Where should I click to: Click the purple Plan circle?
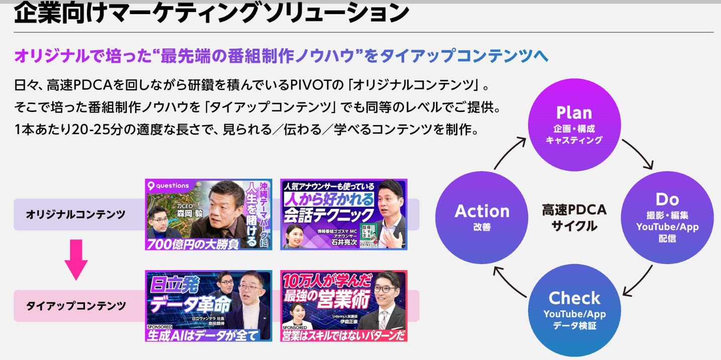574,125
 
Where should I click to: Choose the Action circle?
482,217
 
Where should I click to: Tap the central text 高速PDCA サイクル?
574,217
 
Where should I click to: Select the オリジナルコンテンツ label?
76,214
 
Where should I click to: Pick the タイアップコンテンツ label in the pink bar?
76,306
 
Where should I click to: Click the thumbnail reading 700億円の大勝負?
209,214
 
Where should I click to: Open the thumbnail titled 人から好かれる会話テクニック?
344,214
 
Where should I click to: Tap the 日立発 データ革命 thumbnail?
209,306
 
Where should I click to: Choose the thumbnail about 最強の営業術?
344,306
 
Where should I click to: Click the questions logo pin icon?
150,186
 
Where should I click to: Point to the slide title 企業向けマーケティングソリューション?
211,14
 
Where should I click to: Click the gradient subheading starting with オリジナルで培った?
281,55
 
